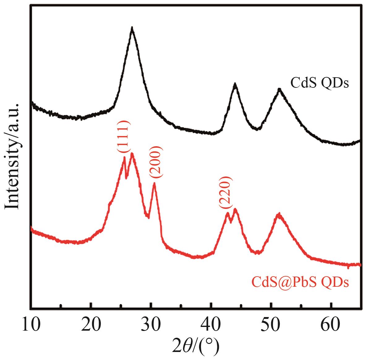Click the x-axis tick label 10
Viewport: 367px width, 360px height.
click(x=31, y=326)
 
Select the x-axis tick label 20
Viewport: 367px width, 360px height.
click(x=91, y=326)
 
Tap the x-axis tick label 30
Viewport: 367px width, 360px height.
click(x=151, y=326)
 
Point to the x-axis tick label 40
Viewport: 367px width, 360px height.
click(x=211, y=326)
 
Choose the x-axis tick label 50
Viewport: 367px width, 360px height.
click(x=271, y=326)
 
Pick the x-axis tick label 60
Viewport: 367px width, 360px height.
click(x=331, y=326)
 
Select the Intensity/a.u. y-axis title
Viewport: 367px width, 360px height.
click(x=13, y=156)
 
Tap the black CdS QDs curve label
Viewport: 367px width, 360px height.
click(x=319, y=83)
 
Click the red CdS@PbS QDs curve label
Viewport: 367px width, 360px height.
click(x=300, y=282)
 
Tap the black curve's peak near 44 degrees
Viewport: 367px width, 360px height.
click(x=235, y=84)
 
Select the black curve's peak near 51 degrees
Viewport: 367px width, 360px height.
click(x=280, y=89)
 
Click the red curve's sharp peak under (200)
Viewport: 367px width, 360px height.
click(x=154, y=183)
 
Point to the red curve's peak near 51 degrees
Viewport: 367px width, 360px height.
click(x=279, y=214)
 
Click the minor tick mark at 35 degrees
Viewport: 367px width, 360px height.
click(x=181, y=306)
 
